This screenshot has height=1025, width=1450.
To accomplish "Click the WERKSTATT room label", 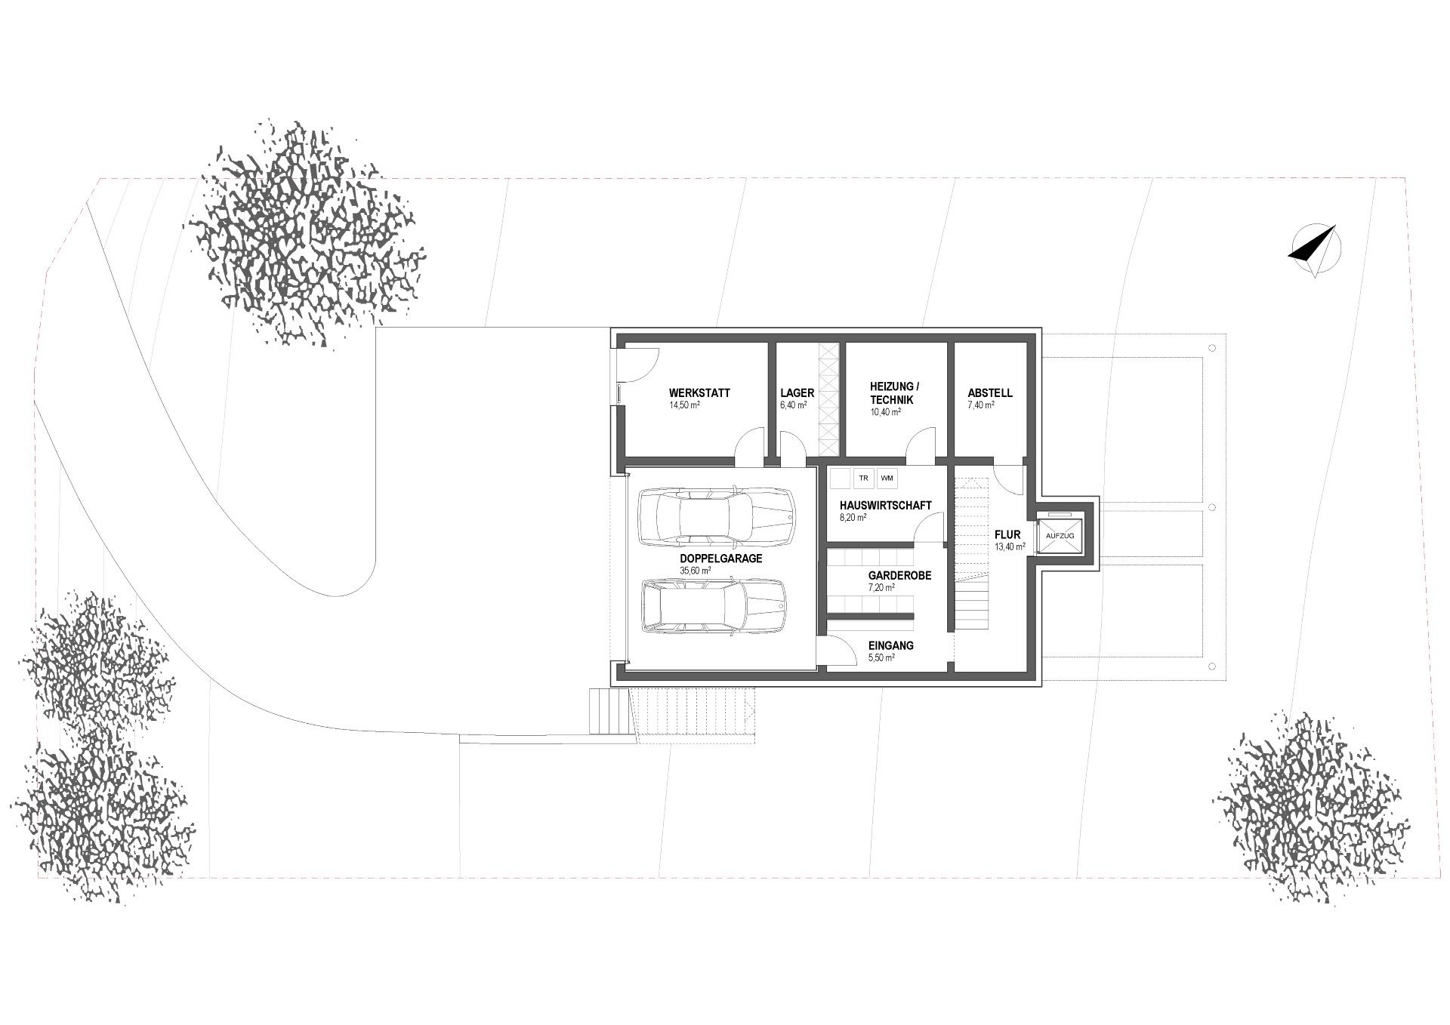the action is pyautogui.click(x=699, y=393).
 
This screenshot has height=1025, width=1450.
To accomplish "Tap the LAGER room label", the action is pyautogui.click(x=797, y=393).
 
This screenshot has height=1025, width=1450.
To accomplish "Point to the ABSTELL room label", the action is pyautogui.click(x=990, y=393).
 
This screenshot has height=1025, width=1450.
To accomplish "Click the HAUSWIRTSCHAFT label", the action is pyautogui.click(x=885, y=506).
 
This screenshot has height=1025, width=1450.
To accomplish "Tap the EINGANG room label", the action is pyautogui.click(x=891, y=645).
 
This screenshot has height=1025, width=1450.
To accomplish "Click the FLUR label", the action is pyautogui.click(x=1007, y=535).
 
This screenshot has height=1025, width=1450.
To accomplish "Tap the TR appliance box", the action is pyautogui.click(x=863, y=479).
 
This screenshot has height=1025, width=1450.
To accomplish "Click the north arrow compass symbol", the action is pyautogui.click(x=1316, y=251).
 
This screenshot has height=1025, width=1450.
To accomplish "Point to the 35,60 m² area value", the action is pyautogui.click(x=695, y=571).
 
